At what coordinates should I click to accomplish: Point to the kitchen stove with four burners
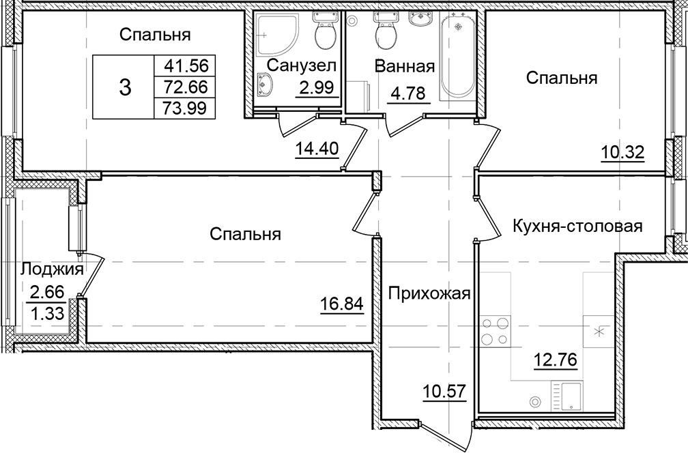pyautogui.click(x=495, y=332)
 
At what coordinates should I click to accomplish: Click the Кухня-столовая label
pyautogui.click(x=577, y=227)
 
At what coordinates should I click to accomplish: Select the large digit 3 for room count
pyautogui.click(x=125, y=87)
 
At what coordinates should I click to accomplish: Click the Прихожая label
pyautogui.click(x=430, y=293)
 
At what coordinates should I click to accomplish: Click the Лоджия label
pyautogui.click(x=53, y=269)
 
